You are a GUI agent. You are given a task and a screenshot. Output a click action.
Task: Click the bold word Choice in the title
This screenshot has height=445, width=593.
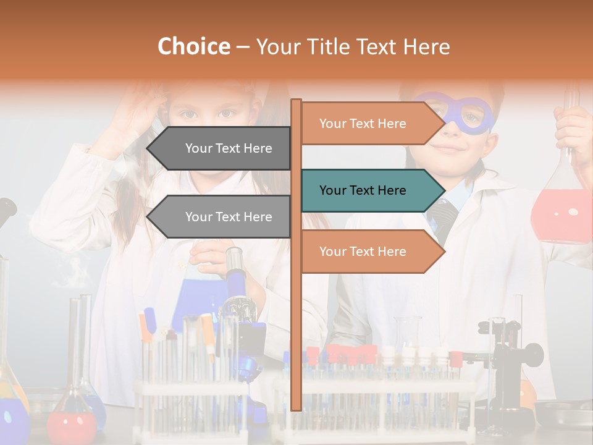click(193, 46)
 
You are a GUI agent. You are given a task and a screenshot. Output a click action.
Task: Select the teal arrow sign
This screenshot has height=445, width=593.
click(371, 190)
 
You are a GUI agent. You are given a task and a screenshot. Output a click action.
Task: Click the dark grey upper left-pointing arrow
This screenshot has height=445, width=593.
click(222, 148)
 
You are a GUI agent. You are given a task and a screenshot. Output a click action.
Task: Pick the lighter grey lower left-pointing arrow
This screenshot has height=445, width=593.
click(222, 217)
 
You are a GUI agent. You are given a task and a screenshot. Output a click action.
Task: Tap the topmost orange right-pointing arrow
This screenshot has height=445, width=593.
click(371, 124)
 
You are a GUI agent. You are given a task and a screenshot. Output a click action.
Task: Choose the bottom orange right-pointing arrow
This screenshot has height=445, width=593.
click(371, 252)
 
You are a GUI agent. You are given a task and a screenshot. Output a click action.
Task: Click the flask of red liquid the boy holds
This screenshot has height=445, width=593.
click(561, 210)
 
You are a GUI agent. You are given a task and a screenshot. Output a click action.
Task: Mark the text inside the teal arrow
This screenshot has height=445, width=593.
click(363, 190)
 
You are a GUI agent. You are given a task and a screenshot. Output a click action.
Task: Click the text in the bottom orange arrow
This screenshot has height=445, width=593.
click(363, 252)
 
